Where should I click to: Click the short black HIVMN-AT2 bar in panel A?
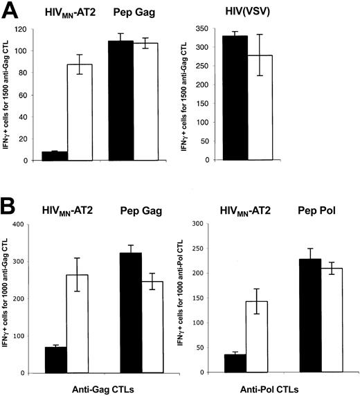[55, 156]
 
